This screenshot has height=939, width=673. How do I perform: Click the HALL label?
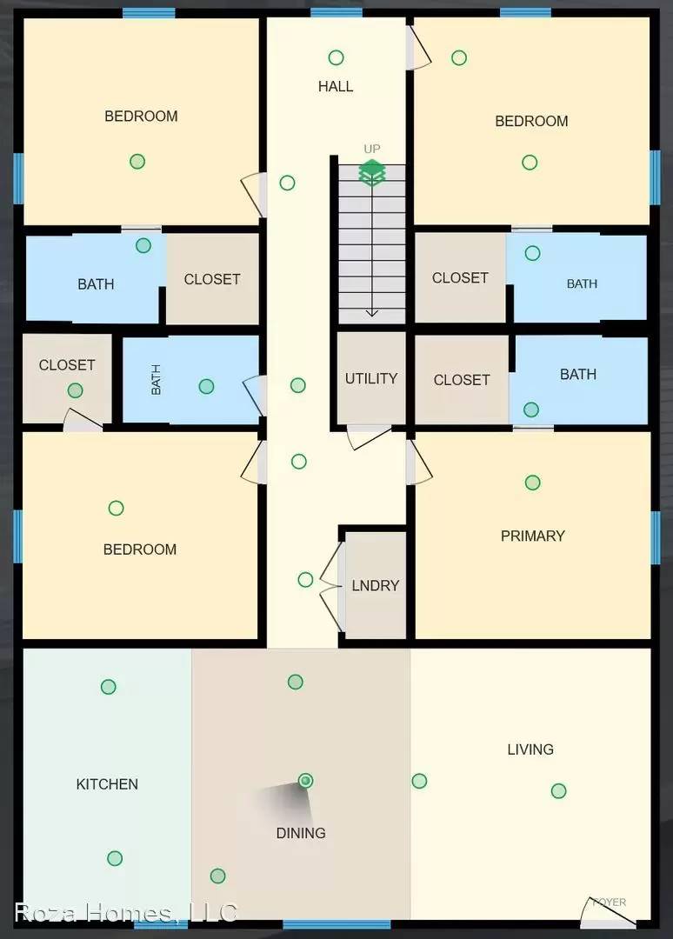pyautogui.click(x=336, y=86)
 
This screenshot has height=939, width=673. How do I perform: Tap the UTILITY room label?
pyautogui.click(x=371, y=378)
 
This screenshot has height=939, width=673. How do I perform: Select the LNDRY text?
pyautogui.click(x=376, y=585)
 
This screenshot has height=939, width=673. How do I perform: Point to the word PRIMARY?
pyautogui.click(x=533, y=536)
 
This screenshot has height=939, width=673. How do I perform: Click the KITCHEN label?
pyautogui.click(x=107, y=783)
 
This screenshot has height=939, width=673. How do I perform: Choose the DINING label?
pyautogui.click(x=301, y=832)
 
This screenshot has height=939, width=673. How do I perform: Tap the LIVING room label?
pyautogui.click(x=530, y=749)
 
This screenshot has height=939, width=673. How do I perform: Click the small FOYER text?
pyautogui.click(x=609, y=902)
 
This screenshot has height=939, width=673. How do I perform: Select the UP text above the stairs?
pyautogui.click(x=372, y=149)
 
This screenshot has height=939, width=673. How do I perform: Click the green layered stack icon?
pyautogui.click(x=372, y=172)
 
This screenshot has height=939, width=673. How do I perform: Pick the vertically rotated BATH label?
pyautogui.click(x=157, y=379)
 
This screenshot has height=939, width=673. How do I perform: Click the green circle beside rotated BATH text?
pyautogui.click(x=206, y=386)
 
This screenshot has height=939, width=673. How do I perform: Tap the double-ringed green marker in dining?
pyautogui.click(x=305, y=781)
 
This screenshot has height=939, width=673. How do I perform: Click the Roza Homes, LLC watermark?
pyautogui.click(x=125, y=912)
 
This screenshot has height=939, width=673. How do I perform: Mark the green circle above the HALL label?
pyautogui.click(x=336, y=57)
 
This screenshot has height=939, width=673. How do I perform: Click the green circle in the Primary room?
pyautogui.click(x=533, y=483)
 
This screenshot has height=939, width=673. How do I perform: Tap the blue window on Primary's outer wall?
pyautogui.click(x=656, y=536)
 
